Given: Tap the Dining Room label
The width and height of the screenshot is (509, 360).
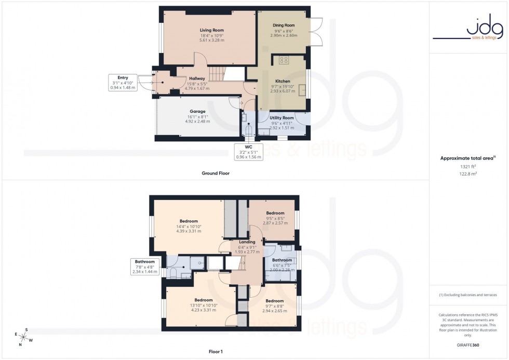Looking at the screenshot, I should (x=284, y=25).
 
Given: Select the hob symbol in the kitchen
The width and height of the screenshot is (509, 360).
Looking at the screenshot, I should (x=284, y=60).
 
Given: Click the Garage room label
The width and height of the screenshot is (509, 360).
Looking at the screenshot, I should (x=197, y=111).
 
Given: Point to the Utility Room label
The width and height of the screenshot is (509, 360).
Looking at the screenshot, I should (x=282, y=118).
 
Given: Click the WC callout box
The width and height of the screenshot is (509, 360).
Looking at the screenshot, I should (x=249, y=151).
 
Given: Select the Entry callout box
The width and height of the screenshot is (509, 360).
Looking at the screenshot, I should (x=123, y=83).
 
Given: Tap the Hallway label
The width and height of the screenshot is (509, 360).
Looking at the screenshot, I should (x=197, y=78).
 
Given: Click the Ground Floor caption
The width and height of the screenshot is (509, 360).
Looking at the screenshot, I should (x=216, y=173).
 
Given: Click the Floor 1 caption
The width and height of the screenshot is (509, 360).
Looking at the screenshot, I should (x=215, y=352).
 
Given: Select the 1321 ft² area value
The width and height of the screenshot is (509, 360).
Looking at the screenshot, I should (x=468, y=166).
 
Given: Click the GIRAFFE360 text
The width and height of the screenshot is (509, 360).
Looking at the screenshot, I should (x=468, y=345).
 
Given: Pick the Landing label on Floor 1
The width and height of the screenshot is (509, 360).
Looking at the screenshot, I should (x=247, y=242).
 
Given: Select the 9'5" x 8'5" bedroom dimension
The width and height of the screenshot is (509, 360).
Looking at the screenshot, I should (x=275, y=218).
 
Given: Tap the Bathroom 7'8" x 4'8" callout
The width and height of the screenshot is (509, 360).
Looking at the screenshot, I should (x=144, y=266).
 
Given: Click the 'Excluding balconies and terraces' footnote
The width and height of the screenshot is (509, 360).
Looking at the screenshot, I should (x=468, y=295).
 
